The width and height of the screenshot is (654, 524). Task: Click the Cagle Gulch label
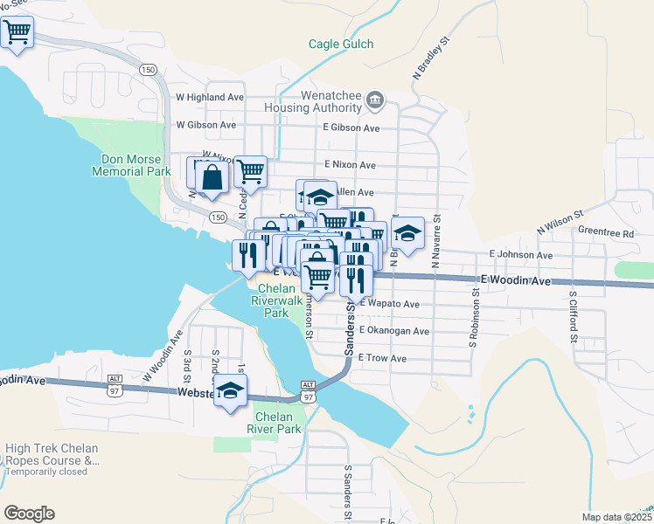tap(341, 45)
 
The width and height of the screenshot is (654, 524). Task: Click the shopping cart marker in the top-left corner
tap(17, 33)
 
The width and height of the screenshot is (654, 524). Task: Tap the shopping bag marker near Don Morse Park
tap(212, 178)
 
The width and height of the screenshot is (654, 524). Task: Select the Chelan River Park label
tap(278, 423)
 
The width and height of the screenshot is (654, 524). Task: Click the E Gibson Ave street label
tap(350, 128)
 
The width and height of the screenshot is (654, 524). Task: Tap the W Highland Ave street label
tap(209, 97)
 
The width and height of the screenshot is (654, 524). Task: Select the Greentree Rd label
tap(605, 233)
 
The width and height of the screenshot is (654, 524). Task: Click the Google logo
tap(29, 514)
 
